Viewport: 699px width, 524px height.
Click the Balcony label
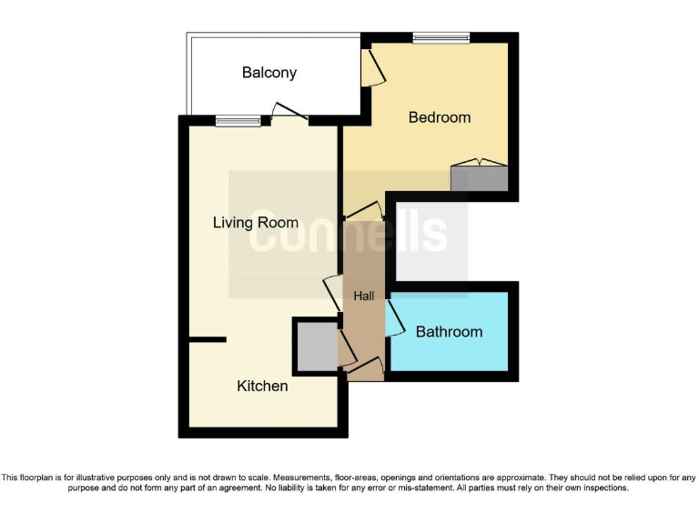269,73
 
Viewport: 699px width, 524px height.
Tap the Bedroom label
440,117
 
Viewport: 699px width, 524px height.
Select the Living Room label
256,223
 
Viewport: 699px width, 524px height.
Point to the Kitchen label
262,387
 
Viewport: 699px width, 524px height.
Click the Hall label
364,297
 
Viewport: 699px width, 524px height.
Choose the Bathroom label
449,332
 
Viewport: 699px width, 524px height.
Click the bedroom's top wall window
441,38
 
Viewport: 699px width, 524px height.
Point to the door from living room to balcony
289,114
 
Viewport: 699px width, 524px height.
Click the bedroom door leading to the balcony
371,66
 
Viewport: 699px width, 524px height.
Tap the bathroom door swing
395,320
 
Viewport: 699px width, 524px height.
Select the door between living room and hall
332,293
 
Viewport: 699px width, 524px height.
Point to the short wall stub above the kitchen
208,340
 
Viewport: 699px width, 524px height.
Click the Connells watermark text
349,234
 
